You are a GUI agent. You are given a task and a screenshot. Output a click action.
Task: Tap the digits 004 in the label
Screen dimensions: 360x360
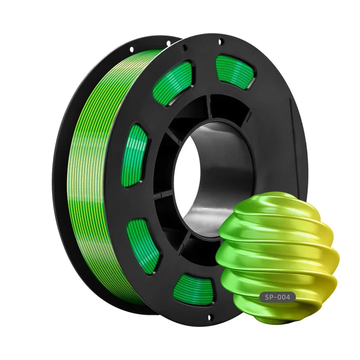(x=287, y=297)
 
